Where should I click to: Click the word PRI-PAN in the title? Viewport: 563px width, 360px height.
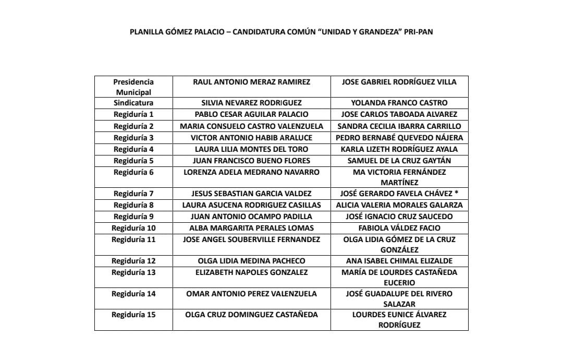pyautogui.click(x=418, y=32)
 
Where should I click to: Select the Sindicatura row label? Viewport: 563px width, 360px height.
pyautogui.click(x=133, y=103)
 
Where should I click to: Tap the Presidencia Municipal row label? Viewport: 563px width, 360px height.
pyautogui.click(x=133, y=87)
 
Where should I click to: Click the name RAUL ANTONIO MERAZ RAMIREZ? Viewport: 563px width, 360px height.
pyautogui.click(x=251, y=82)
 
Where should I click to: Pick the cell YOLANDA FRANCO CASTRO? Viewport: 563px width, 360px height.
pyautogui.click(x=399, y=103)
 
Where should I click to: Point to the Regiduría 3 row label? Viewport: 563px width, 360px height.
pyautogui.click(x=133, y=138)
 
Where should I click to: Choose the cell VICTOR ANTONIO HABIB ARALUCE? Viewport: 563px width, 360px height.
pyautogui.click(x=251, y=138)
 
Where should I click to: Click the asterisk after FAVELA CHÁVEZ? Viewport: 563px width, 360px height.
pyautogui.click(x=456, y=193)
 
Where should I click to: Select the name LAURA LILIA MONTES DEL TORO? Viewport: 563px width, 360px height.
pyautogui.click(x=251, y=149)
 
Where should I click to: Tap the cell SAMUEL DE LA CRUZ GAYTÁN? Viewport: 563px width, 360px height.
pyautogui.click(x=399, y=161)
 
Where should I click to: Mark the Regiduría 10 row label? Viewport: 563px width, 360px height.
pyautogui.click(x=133, y=228)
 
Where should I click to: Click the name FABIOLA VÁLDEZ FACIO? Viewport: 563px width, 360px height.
pyautogui.click(x=399, y=228)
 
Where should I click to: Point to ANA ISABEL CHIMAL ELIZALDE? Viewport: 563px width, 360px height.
pyautogui.click(x=399, y=261)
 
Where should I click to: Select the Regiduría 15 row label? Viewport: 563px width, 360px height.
pyautogui.click(x=133, y=315)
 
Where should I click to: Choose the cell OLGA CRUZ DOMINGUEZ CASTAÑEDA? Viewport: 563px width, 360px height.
pyautogui.click(x=251, y=315)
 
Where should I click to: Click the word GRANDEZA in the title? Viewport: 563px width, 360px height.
pyautogui.click(x=376, y=32)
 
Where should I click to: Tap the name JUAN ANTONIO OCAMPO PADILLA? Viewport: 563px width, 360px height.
pyautogui.click(x=251, y=217)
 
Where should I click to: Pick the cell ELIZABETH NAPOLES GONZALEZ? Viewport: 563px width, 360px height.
pyautogui.click(x=251, y=272)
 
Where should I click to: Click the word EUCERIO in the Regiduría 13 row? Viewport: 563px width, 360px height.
pyautogui.click(x=399, y=283)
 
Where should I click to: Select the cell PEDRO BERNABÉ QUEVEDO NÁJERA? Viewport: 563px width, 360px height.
pyautogui.click(x=399, y=138)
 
